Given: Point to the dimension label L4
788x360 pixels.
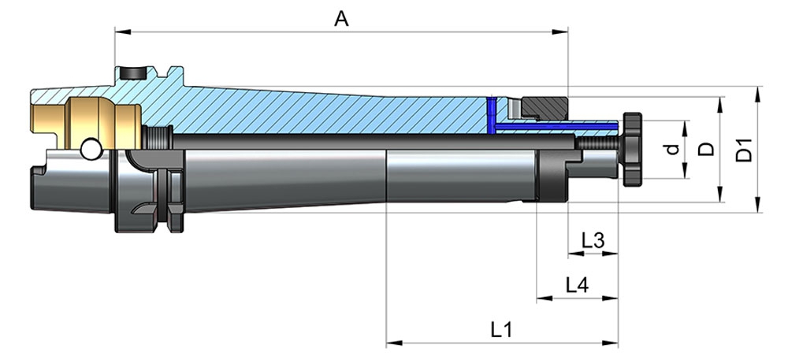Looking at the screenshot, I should [577, 285].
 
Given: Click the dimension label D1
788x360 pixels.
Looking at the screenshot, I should [744, 150].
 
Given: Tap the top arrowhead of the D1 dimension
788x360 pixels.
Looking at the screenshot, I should [758, 91].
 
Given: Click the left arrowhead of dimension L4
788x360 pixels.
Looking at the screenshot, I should [541, 299].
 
